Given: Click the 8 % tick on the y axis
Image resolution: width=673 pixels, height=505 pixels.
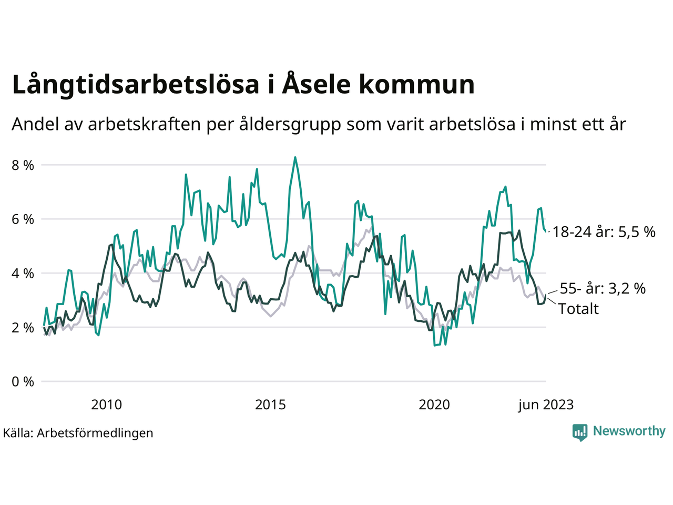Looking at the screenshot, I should [23, 165].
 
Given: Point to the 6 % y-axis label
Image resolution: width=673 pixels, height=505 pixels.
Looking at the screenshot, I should [23, 219].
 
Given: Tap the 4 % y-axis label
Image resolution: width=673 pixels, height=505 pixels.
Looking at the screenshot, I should [23, 274].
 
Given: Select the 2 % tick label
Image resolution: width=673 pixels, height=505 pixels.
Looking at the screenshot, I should [23, 328].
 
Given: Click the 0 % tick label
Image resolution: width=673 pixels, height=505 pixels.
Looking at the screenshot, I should [23, 381].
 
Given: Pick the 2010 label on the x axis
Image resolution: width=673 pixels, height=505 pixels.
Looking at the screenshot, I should [106, 405].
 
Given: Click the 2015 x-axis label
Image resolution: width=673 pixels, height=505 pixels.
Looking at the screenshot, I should [270, 405].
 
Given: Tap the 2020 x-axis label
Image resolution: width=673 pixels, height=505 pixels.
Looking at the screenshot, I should [434, 405].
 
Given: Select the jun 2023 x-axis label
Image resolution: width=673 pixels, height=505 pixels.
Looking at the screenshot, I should [546, 405].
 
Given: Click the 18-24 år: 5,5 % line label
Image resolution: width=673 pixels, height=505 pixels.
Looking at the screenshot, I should [604, 232].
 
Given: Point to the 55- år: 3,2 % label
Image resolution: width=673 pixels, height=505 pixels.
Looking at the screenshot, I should [603, 288].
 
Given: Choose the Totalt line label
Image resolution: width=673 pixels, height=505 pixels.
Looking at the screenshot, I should [578, 309].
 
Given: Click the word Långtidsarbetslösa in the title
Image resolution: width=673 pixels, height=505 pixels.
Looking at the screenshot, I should [136, 85].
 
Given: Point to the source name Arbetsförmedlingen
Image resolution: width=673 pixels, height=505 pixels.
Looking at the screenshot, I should [95, 433].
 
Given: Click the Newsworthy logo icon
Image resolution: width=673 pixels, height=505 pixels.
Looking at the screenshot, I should [579, 432].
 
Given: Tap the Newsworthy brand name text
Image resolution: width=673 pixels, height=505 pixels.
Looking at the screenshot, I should [629, 431].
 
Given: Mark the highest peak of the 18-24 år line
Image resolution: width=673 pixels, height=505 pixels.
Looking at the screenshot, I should [295, 157].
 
